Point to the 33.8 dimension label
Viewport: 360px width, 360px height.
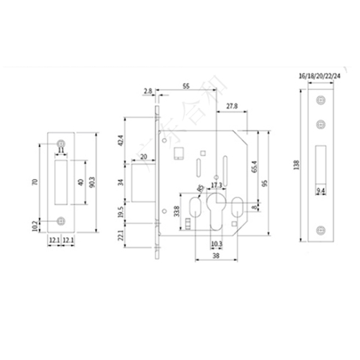(x=176, y=211)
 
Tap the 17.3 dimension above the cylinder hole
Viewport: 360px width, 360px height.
(x=215, y=184)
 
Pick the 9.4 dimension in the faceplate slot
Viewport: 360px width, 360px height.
(x=320, y=193)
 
